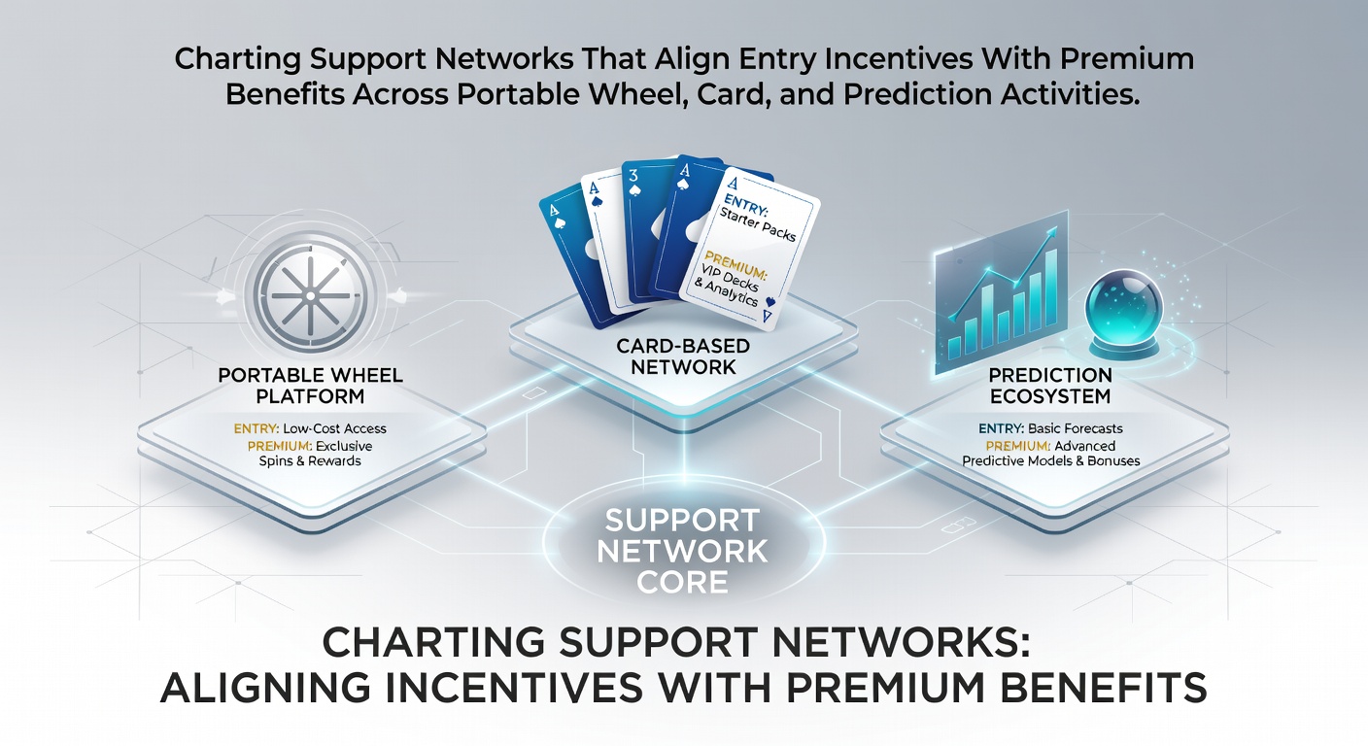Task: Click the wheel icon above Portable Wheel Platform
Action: (x=310, y=296)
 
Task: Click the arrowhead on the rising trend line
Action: (x=1051, y=234)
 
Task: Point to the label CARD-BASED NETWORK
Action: (x=683, y=356)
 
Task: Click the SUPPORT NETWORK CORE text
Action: (x=682, y=552)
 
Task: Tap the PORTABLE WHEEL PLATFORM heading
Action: (x=310, y=386)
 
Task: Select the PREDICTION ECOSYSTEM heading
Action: (x=1050, y=386)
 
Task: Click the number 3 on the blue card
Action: (x=633, y=176)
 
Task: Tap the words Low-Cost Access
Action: (x=334, y=428)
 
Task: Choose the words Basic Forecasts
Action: (x=1075, y=428)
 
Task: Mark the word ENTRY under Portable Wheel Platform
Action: (x=256, y=428)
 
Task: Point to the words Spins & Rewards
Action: (x=310, y=461)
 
